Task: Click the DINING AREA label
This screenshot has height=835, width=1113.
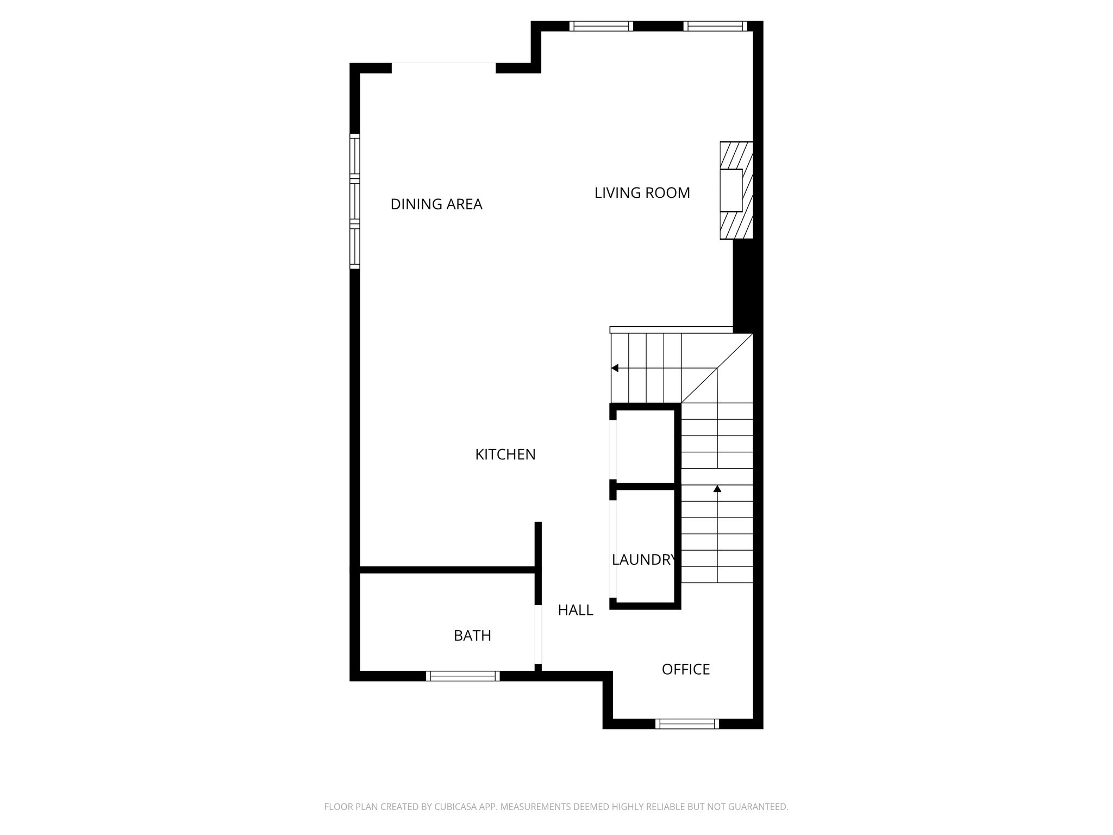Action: [436, 204]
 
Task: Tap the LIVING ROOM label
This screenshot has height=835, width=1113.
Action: [642, 193]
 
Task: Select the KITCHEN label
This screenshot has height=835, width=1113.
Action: [505, 454]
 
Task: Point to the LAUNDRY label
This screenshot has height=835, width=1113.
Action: [645, 560]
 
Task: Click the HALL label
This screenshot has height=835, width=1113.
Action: [576, 610]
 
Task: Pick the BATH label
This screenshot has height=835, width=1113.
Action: [472, 635]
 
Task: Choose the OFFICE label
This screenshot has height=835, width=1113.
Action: [686, 669]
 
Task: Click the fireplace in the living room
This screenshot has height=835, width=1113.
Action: [736, 190]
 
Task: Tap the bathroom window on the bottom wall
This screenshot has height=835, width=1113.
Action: [462, 676]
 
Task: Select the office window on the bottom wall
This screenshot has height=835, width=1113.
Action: [687, 724]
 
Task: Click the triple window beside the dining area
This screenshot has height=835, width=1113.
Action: [355, 201]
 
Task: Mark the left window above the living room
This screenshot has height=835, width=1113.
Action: [601, 26]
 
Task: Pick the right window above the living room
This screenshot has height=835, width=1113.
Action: [715, 26]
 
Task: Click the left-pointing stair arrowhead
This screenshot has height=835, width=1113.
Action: [615, 368]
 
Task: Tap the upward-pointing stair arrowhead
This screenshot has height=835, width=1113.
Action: [717, 489]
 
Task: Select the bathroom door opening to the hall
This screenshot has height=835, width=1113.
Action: [538, 634]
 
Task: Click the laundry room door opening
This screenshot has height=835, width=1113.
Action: [613, 549]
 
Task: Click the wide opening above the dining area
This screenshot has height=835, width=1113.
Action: [443, 68]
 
